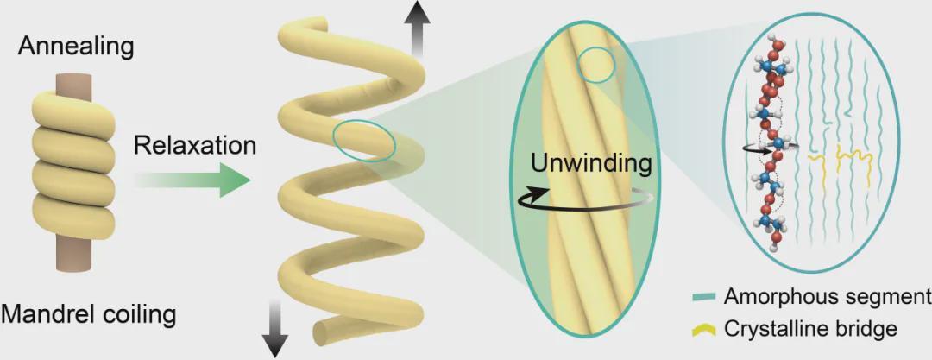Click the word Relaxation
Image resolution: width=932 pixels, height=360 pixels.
[x=195, y=144]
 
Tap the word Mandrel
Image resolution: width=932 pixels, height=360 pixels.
[x=44, y=313]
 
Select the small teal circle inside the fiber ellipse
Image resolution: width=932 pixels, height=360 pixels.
[x=595, y=66]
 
